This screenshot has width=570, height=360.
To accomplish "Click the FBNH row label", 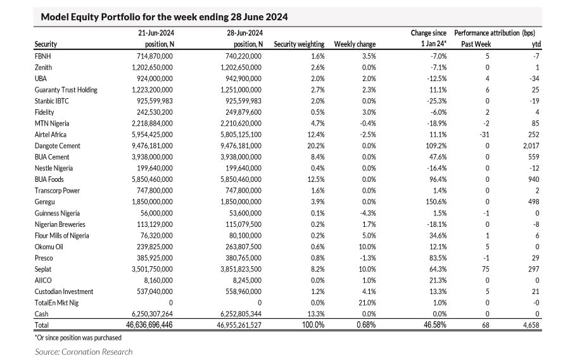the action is [x=42, y=56].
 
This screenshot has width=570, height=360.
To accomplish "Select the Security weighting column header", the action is [x=299, y=44].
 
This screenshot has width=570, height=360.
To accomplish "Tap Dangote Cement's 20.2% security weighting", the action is [x=316, y=146].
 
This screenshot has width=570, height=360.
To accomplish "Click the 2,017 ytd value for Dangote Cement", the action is [x=531, y=146].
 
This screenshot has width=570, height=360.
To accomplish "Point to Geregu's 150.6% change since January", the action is [x=436, y=202].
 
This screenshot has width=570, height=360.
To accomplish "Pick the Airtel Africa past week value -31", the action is [x=484, y=134].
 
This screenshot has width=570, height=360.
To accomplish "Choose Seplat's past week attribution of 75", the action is [x=485, y=269].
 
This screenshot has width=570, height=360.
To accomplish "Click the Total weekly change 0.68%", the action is [x=366, y=325].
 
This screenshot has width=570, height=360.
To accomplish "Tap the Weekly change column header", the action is [x=355, y=44].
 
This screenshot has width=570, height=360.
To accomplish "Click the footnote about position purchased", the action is [x=78, y=338].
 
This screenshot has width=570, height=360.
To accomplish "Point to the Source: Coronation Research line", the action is [x=84, y=352].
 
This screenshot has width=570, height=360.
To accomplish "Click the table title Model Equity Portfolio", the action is [x=164, y=16].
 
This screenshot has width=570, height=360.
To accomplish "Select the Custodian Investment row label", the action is [x=64, y=292].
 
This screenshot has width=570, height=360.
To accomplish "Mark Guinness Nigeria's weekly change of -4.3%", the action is [x=368, y=213].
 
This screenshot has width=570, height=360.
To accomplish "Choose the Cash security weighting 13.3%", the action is [x=316, y=314].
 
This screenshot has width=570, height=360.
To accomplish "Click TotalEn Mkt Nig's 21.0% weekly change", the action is [x=367, y=303].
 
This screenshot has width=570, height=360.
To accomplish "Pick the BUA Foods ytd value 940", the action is [x=534, y=179].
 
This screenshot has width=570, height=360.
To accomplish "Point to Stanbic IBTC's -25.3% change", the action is [x=437, y=101].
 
